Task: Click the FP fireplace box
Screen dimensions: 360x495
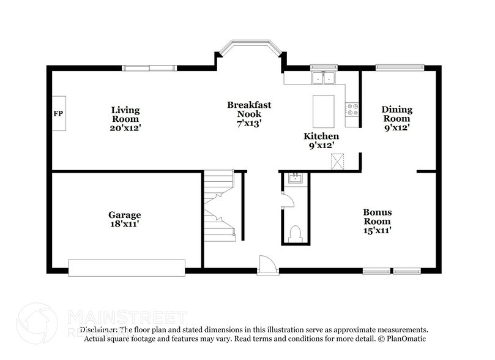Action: click(59, 114)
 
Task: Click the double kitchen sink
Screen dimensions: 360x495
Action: click(322, 78)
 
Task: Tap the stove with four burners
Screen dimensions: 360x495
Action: click(352, 110)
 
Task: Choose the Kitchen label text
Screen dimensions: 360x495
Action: click(321, 136)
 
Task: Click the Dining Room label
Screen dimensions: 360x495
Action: click(397, 114)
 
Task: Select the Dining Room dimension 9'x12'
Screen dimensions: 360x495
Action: click(397, 128)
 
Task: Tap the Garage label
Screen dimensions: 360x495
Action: click(125, 215)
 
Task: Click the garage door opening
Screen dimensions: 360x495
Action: click(127, 268)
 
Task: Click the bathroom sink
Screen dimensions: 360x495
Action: click(295, 179)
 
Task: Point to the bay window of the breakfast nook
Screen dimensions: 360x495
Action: click(251, 47)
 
